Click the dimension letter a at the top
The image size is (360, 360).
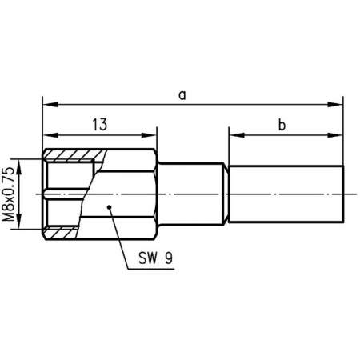(x=183, y=95)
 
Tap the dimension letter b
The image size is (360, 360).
(x=282, y=124)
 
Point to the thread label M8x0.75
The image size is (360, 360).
(x=10, y=194)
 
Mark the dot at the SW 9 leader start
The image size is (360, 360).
(x=108, y=206)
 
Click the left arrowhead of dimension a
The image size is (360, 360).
(x=48, y=103)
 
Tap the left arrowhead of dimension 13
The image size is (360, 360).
(x=48, y=133)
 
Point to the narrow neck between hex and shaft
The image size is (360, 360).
(x=192, y=194)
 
